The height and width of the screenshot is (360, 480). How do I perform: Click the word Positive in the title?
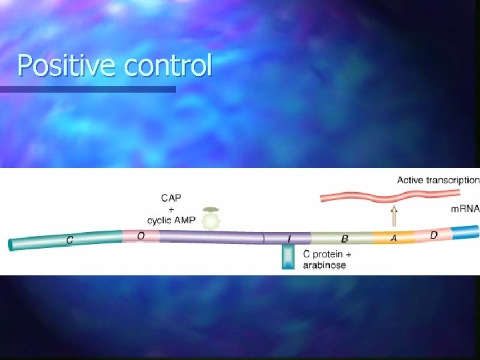coord(59,66)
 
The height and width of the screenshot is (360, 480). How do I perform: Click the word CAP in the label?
coord(171,197)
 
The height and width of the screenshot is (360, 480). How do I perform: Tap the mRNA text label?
coord(465,209)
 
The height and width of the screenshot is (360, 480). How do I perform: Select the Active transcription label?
coord(438,179)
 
